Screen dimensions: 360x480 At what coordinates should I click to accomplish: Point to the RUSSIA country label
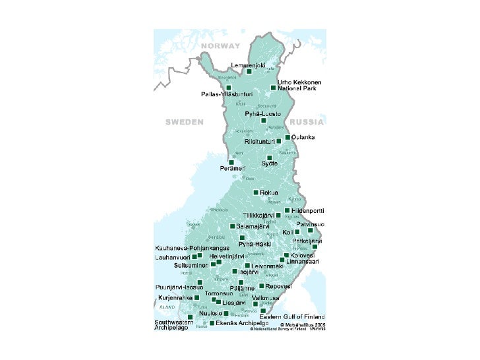click(307, 122)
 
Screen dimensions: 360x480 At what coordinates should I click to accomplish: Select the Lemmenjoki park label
click(248, 65)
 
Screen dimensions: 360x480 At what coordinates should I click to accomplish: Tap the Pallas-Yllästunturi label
click(227, 94)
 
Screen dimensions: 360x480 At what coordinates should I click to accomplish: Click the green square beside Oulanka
click(287, 137)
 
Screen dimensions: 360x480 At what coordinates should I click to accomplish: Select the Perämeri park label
click(233, 168)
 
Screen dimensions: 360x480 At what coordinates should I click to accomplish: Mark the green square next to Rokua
click(256, 193)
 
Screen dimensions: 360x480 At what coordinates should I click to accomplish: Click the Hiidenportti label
click(308, 210)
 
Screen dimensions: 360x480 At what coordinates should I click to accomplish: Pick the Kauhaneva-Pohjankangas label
click(188, 248)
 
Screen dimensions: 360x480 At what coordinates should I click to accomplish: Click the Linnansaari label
click(303, 261)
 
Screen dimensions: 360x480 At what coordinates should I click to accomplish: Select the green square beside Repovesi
click(262, 286)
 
